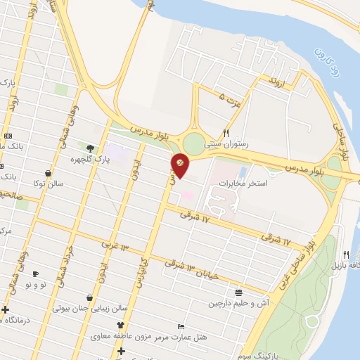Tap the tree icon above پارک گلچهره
[90, 148]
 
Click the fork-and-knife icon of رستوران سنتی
[226, 132]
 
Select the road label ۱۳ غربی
[115, 247]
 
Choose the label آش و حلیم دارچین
[237, 304]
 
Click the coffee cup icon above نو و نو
[36, 274]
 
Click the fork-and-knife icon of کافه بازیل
[346, 254]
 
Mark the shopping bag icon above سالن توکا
[47, 173]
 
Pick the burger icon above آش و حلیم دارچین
[239, 292]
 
